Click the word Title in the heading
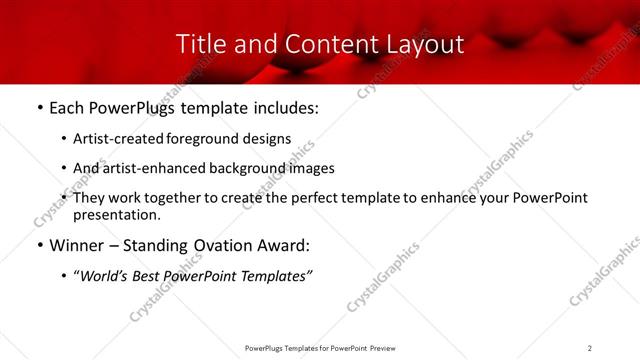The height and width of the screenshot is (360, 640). pyautogui.click(x=198, y=44)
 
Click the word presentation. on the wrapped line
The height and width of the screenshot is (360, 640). pyautogui.click(x=116, y=214)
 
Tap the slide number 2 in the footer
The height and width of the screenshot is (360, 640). pyautogui.click(x=589, y=347)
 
